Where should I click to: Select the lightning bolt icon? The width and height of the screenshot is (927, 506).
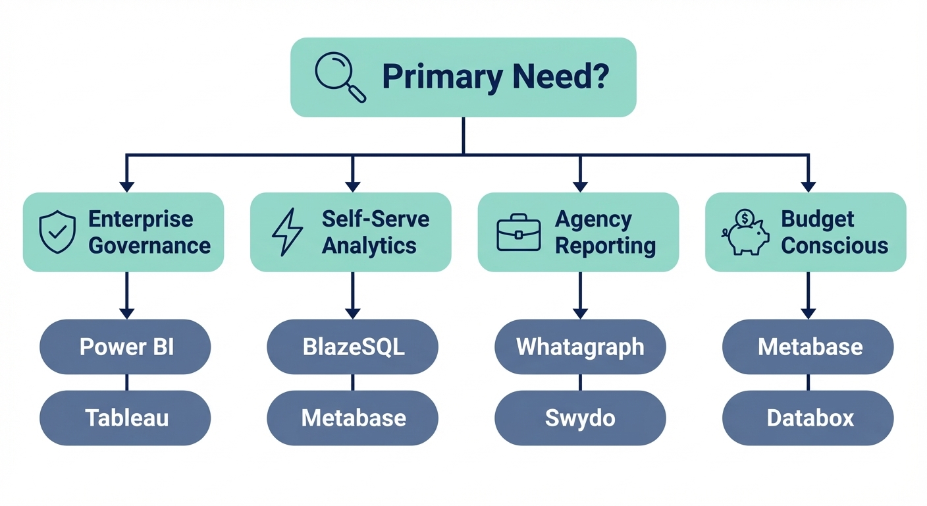[287, 232]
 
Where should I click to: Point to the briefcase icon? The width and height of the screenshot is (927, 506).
[518, 232]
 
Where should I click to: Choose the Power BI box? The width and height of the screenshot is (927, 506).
[125, 347]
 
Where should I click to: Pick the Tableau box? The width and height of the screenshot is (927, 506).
[125, 418]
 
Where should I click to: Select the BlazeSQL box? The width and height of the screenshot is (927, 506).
[353, 347]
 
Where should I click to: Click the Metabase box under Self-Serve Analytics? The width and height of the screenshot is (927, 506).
[353, 418]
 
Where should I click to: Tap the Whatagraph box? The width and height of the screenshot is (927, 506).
[580, 347]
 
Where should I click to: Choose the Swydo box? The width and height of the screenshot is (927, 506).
[580, 418]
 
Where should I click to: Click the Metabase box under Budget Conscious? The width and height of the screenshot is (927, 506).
[808, 347]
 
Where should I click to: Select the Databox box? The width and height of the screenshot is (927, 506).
[808, 418]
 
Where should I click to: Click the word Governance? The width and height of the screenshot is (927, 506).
[149, 246]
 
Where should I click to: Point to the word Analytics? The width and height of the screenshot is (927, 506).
[369, 246]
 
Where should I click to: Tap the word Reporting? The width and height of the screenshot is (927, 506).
[605, 246]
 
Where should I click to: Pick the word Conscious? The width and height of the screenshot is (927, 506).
[835, 246]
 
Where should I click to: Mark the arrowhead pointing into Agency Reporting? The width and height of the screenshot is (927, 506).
[580, 186]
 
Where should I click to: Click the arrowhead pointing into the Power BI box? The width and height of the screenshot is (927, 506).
[126, 313]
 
